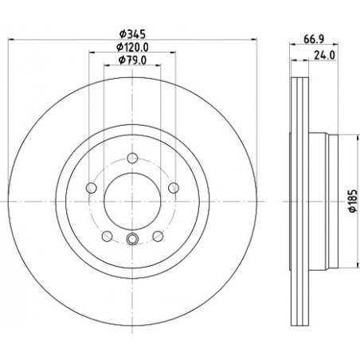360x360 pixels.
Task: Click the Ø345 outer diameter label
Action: point(132,34)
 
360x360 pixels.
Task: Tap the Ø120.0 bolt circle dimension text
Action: point(132,47)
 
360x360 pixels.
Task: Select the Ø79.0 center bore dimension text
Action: point(132,61)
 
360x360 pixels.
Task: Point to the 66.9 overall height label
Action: point(314,39)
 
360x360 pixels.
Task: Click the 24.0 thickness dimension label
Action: point(324,55)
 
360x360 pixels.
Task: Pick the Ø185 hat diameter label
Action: point(353,201)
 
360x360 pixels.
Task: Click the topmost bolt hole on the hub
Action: point(132,158)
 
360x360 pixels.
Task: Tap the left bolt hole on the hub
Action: point(92,188)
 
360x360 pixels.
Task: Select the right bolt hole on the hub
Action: point(174,188)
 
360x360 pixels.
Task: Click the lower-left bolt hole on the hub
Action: point(107,236)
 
